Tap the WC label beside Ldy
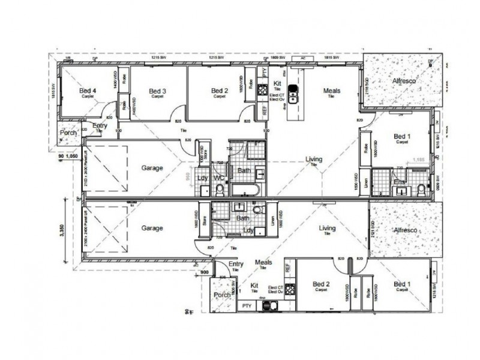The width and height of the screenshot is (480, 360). (219, 178)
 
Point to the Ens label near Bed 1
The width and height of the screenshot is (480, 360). (397, 181)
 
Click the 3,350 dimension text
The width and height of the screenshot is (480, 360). (60, 230)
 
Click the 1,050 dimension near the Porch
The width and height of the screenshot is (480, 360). (73, 155)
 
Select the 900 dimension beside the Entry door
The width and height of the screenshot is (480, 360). (205, 271)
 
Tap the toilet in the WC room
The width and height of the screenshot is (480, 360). (220, 190)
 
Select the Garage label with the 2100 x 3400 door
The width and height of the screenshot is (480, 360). (152, 168)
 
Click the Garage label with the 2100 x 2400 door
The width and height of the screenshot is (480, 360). (152, 228)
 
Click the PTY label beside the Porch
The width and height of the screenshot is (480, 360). (246, 306)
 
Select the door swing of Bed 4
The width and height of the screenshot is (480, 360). (107, 113)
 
